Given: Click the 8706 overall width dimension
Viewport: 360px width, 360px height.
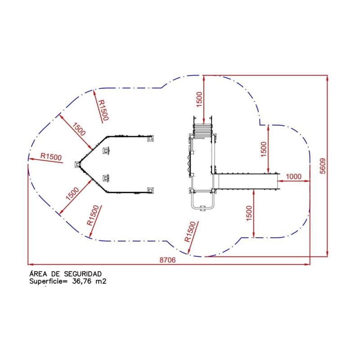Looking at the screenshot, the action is coord(167,260).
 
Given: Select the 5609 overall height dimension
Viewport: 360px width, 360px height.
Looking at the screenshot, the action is coord(323,166).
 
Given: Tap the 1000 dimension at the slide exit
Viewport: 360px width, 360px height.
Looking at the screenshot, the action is coord(293,176).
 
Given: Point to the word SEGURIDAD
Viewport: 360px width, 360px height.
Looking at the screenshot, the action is coord(83,274).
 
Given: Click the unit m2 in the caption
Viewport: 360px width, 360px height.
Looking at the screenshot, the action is coord(101,281).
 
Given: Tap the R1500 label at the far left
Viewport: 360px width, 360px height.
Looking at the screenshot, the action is coord(51,157).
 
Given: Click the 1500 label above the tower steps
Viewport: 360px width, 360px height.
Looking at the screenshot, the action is coord(199,99).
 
